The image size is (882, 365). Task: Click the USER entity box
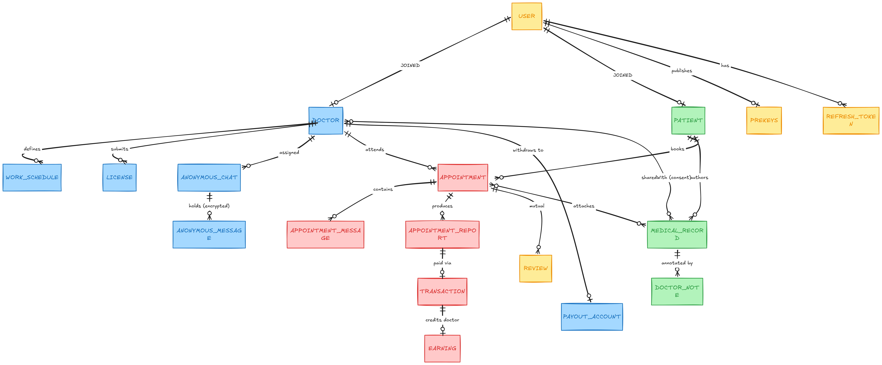[527, 16]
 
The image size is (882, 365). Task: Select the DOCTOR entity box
[326, 121]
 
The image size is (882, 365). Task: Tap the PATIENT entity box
[688, 121]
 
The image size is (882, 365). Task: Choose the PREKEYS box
[764, 121]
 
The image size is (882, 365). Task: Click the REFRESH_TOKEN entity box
[851, 121]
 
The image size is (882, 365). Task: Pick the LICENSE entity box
[120, 178]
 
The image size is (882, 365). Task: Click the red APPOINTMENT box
[463, 178]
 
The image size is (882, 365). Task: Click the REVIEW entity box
[536, 269]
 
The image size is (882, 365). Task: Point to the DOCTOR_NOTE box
[677, 292]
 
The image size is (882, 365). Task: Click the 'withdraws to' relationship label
[528, 150]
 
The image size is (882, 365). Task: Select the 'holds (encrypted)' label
[209, 206]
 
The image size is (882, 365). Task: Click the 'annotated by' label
[677, 263]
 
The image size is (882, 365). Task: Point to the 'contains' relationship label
[383, 189]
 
